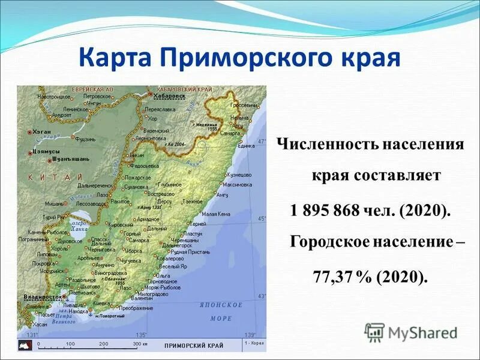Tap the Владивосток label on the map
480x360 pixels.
point(43,296)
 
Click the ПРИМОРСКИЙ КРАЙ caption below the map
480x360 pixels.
point(194,346)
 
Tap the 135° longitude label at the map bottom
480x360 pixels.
point(141,335)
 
